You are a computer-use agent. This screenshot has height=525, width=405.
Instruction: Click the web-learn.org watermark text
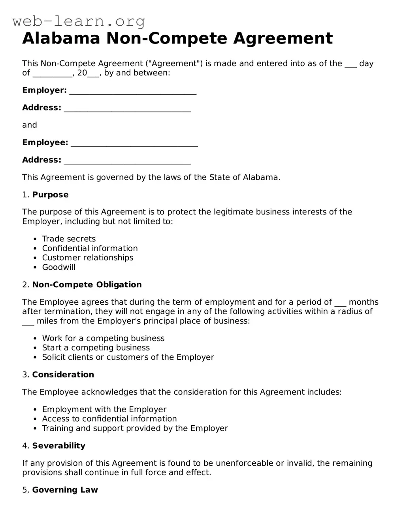pyautogui.click(x=79, y=21)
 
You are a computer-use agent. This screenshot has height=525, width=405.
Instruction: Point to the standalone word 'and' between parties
pyautogui.click(x=30, y=125)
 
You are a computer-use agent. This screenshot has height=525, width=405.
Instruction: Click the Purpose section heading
pyautogui.click(x=50, y=195)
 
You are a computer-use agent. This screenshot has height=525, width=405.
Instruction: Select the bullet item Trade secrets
pyautogui.click(x=69, y=239)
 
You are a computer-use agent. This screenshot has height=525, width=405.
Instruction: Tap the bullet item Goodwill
pyautogui.click(x=58, y=267)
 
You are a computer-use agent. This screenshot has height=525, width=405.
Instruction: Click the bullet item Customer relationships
pyautogui.click(x=88, y=258)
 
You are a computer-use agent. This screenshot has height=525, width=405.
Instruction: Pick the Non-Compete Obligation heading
pyautogui.click(x=87, y=285)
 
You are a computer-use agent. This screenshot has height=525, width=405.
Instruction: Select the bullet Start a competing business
pyautogui.click(x=96, y=348)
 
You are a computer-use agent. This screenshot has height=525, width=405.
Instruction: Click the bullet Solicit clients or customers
pyautogui.click(x=128, y=357)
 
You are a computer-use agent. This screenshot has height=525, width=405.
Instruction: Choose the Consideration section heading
pyautogui.click(x=63, y=375)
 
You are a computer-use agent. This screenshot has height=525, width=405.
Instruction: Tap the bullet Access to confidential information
pyautogui.click(x=109, y=419)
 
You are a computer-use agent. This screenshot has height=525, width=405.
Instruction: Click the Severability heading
pyautogui.click(x=58, y=446)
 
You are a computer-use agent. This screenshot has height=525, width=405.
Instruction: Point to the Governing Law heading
pyautogui.click(x=65, y=490)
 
